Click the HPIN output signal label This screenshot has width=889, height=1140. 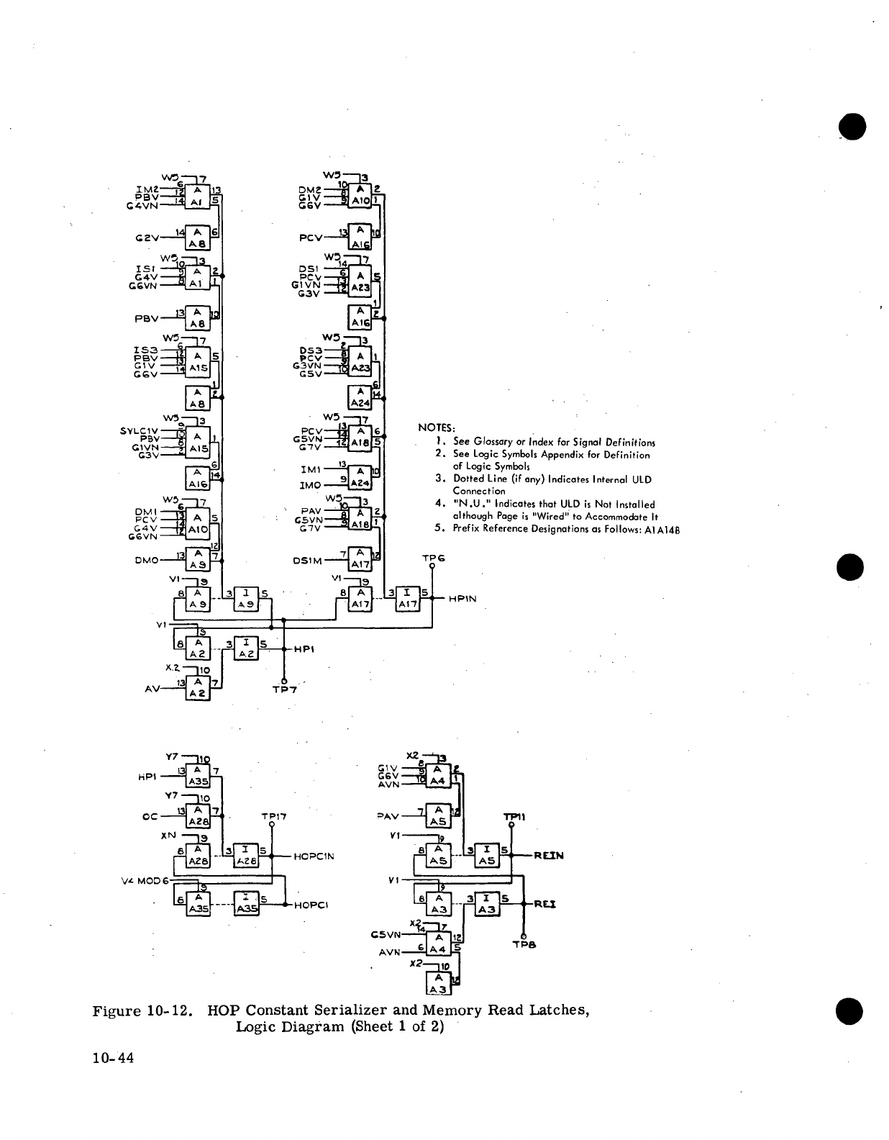tap(462, 599)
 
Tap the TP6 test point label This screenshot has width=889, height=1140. tap(434, 558)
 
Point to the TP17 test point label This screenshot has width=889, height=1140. tap(274, 817)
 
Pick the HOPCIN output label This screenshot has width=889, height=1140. tap(314, 856)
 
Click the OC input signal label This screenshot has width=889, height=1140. tap(150, 816)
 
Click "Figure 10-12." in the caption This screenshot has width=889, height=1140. tap(143, 1010)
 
